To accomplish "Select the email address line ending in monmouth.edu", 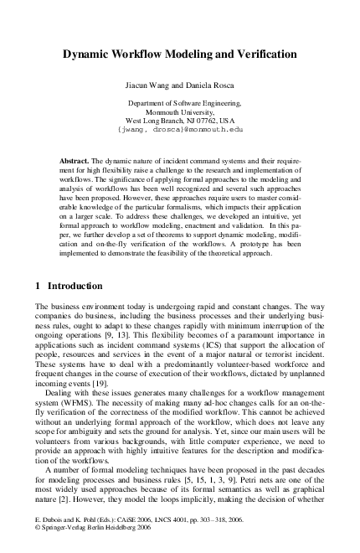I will [179, 130].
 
